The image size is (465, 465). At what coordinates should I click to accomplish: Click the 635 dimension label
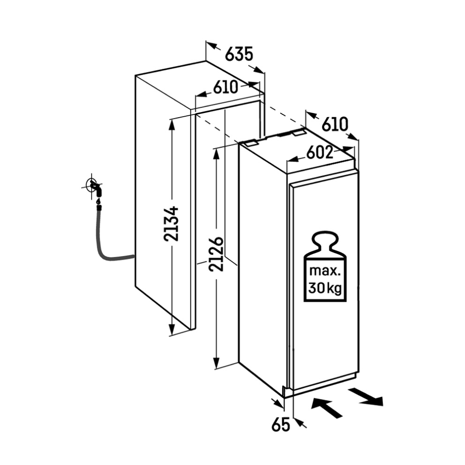pos(239,54)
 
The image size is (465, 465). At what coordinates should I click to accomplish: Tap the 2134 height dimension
pos(171,224)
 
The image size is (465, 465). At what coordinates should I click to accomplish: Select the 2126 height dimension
pos(216,254)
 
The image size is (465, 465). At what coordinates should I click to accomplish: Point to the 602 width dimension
pos(320,153)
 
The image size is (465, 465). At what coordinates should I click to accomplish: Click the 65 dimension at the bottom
pos(280,425)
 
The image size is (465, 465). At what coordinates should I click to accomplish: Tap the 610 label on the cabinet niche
pos(226,87)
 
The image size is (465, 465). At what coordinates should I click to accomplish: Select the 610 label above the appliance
pos(335,124)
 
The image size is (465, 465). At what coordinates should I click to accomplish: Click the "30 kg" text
pos(325,288)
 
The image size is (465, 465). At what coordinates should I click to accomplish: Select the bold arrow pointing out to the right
pos(366,397)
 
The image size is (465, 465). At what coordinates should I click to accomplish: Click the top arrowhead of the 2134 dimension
pos(172,125)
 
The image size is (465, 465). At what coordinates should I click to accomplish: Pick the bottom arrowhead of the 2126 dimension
pos(216,363)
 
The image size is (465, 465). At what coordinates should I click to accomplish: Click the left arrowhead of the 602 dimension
pos(292,160)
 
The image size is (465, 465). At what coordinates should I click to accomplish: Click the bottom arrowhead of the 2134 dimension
pos(172,330)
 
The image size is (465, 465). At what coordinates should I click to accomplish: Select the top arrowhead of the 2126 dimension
pos(216,154)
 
